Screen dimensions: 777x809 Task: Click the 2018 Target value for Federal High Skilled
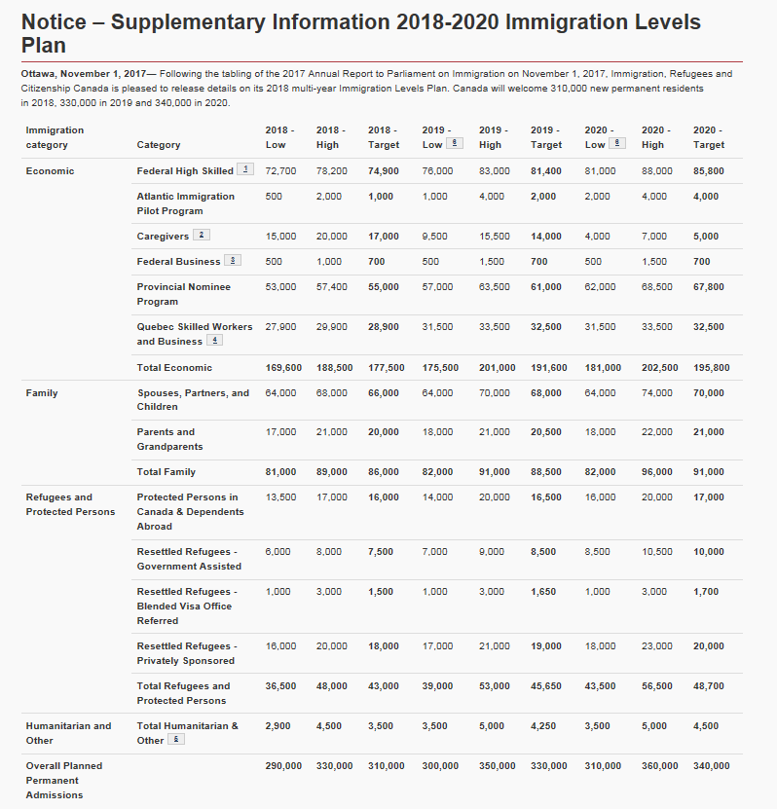384,171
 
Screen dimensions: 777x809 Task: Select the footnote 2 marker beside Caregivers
202,235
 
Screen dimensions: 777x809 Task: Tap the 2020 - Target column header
709,137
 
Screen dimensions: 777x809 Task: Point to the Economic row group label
50,171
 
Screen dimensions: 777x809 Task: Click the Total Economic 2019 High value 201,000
497,368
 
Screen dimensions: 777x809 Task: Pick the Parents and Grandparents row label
169,439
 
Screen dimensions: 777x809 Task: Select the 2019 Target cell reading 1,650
543,592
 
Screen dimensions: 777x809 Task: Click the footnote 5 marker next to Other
176,739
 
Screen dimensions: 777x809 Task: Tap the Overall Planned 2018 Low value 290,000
283,766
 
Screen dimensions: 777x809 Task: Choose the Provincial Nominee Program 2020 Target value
709,287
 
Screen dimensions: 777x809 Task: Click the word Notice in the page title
54,22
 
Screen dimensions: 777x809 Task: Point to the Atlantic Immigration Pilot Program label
186,203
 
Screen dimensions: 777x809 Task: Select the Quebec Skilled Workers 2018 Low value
280,327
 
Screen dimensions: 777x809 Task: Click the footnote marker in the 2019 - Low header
454,143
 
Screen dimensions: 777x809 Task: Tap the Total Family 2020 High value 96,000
657,472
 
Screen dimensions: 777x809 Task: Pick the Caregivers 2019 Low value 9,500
434,237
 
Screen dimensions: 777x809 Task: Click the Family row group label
42,393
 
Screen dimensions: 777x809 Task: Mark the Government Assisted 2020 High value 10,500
657,552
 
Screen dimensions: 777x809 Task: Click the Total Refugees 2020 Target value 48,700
709,686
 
